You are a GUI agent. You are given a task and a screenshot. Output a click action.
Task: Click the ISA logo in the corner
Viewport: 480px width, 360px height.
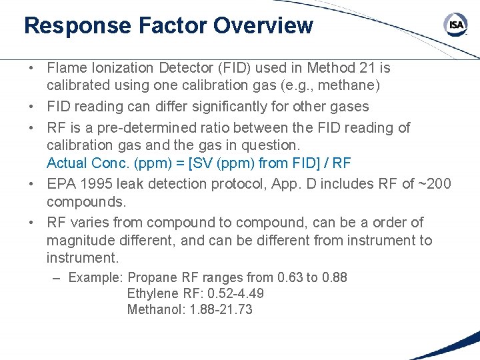pos(456,26)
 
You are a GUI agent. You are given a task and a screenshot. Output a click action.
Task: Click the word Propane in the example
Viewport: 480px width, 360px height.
pos(152,277)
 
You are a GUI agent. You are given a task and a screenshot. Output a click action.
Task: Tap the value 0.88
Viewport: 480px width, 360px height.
pos(334,277)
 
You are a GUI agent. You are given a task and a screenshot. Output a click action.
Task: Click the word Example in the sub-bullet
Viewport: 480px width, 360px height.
pos(95,277)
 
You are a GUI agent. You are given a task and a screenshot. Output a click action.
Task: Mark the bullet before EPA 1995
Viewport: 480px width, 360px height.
pos(32,184)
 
